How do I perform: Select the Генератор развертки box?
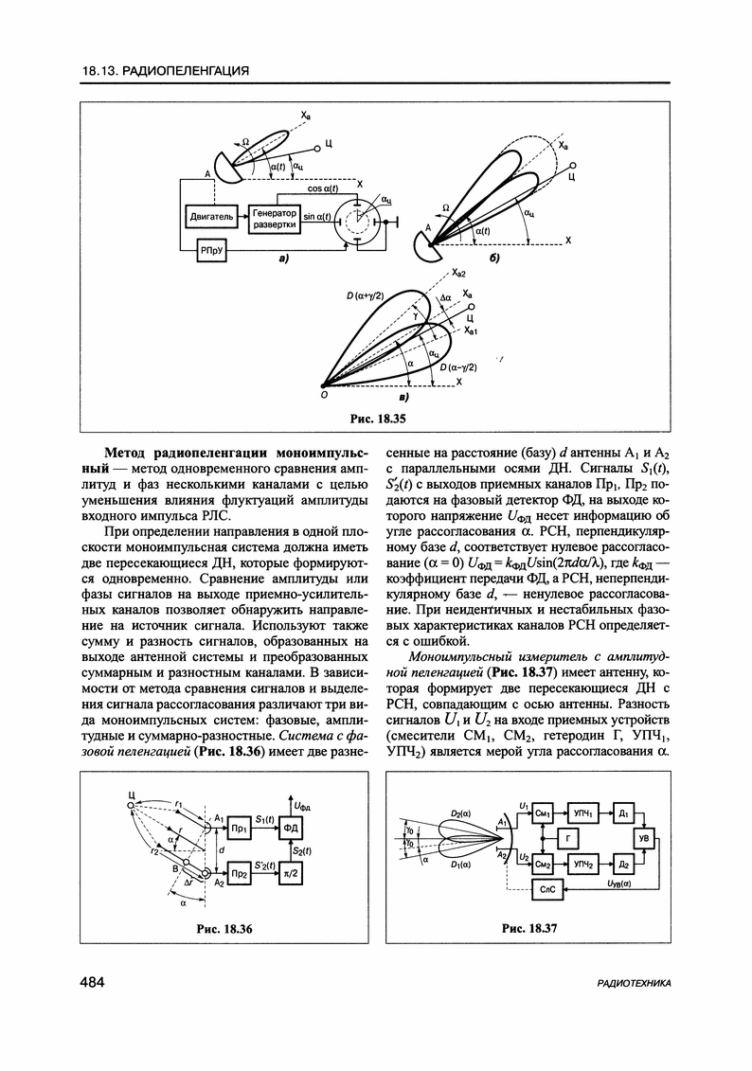pos(276,219)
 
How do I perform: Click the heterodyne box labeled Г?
pos(567,838)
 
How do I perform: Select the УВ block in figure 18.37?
pos(645,838)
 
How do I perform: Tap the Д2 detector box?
pos(623,864)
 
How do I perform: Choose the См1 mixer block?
pos(543,813)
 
